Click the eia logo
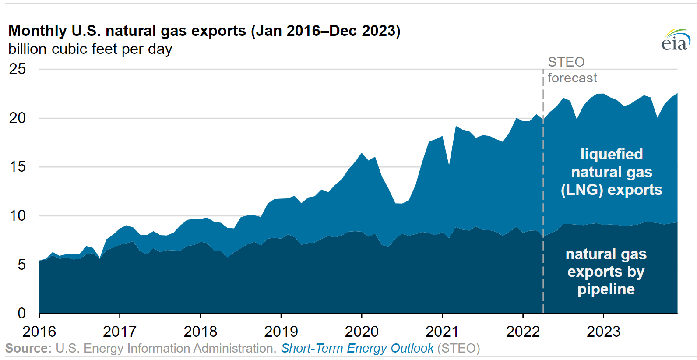(x=676, y=40)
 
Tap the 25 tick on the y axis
(x=18, y=69)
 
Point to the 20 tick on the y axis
(x=18, y=118)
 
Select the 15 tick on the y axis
(x=18, y=167)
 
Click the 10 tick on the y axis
(x=18, y=215)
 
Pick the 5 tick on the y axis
(x=21, y=265)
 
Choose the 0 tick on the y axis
(x=21, y=313)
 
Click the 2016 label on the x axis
(x=39, y=332)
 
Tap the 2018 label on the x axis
(x=201, y=332)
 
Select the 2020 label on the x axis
(x=362, y=332)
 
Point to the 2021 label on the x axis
(x=442, y=332)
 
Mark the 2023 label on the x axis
(x=604, y=332)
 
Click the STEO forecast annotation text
(x=572, y=70)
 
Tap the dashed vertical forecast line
(x=543, y=191)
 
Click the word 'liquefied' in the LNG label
(x=612, y=154)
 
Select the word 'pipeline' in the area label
(x=606, y=289)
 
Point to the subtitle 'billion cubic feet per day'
(x=90, y=49)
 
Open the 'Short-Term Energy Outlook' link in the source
(x=357, y=349)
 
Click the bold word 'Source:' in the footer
(x=28, y=348)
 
